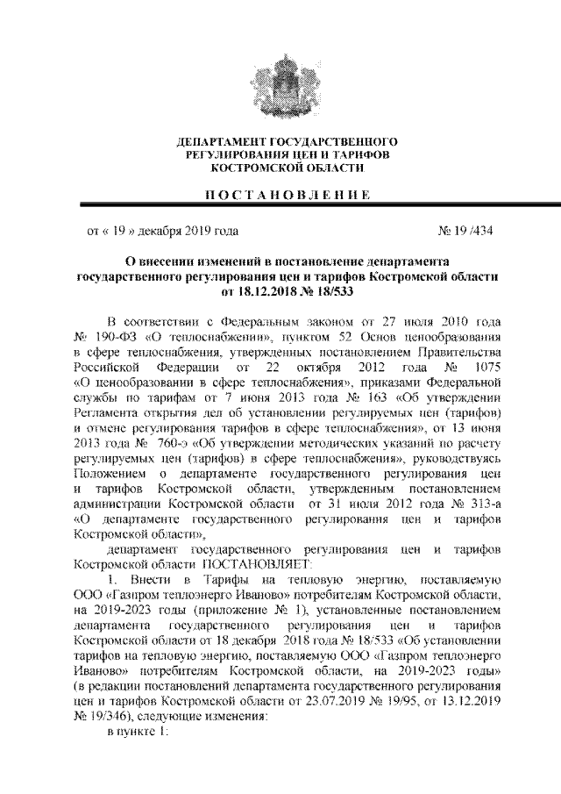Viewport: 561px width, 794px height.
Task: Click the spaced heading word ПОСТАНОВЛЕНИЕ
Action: tap(280, 194)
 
